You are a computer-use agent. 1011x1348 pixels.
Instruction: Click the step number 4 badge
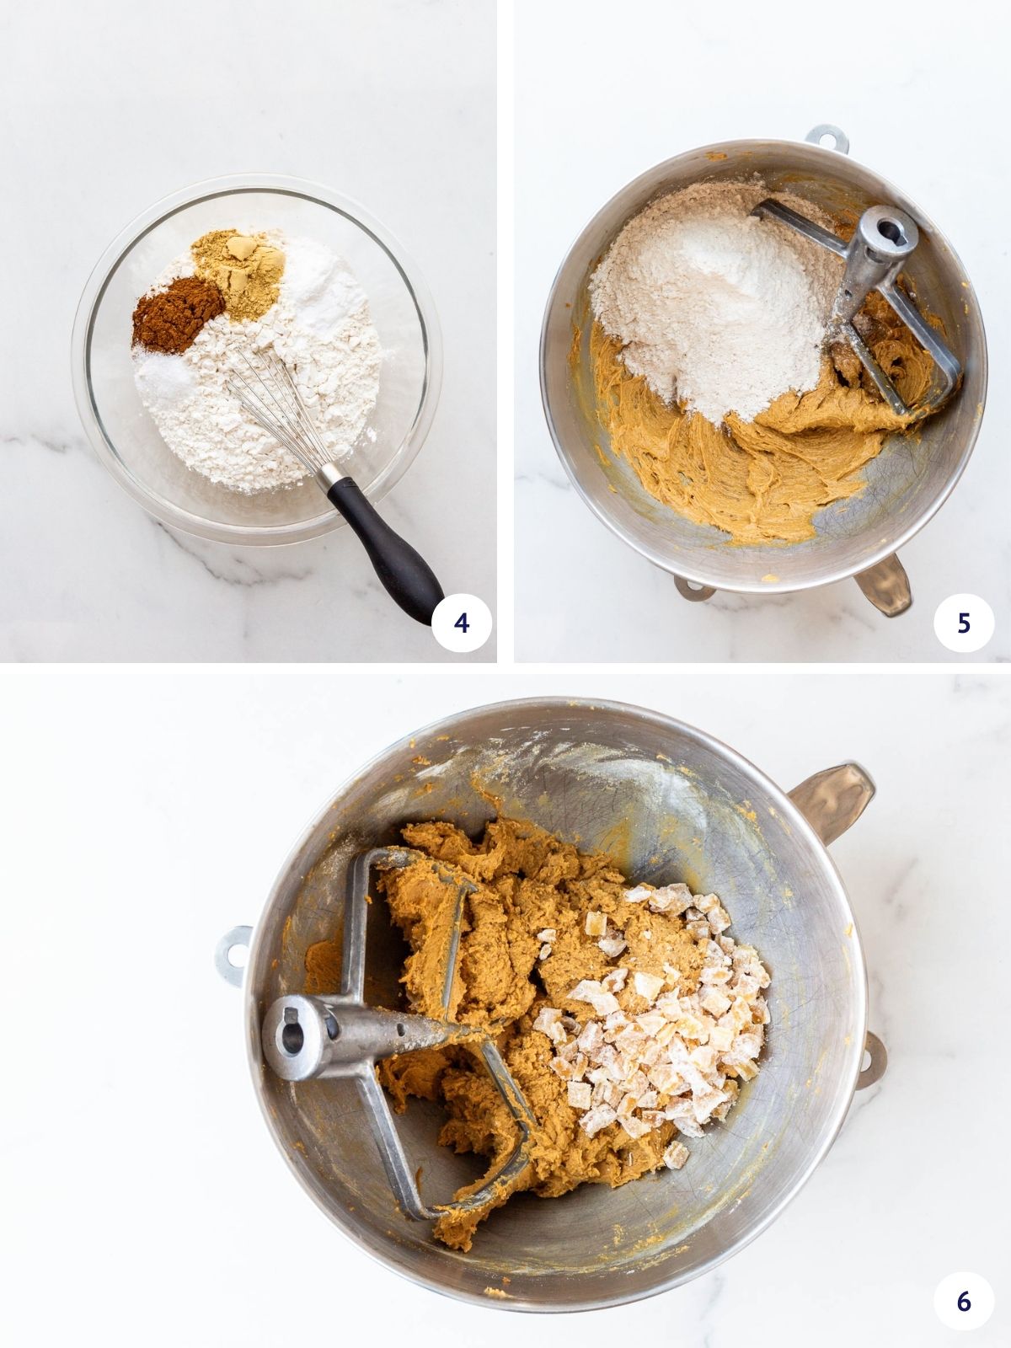[461, 623]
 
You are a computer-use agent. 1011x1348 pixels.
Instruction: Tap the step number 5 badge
[964, 623]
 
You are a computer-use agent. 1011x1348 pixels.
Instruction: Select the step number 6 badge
[964, 1300]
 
